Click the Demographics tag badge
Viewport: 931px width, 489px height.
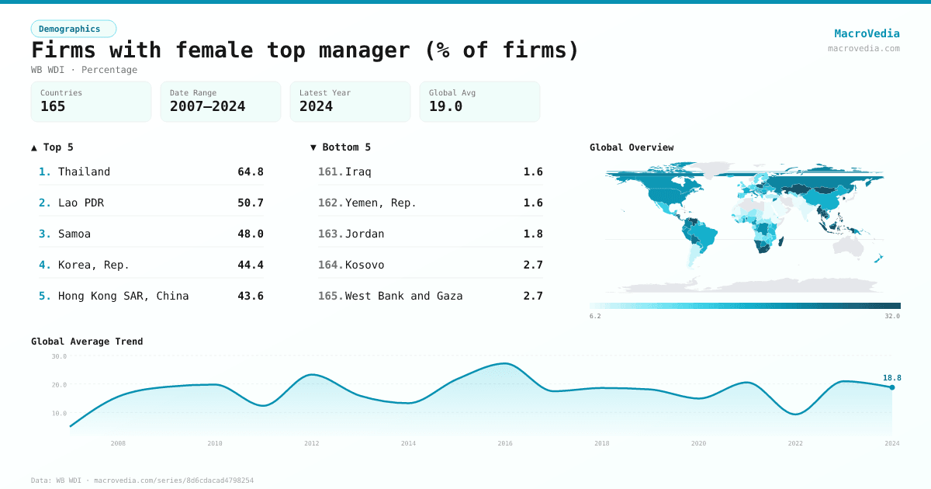pos(73,29)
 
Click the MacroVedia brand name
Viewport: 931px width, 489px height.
pos(867,33)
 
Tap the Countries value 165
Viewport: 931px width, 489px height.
pos(53,106)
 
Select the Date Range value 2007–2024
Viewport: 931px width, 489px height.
pos(207,106)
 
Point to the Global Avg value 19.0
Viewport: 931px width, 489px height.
pos(445,106)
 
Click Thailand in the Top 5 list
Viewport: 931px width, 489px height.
pos(84,172)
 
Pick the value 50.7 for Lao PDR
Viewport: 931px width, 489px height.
pos(250,203)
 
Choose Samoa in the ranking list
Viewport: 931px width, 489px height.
pos(74,234)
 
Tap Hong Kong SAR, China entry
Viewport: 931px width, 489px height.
pos(123,296)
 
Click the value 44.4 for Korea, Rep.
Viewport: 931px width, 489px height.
pos(250,265)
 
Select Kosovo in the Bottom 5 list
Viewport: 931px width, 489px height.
pos(365,265)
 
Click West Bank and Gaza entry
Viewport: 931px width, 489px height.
pos(403,296)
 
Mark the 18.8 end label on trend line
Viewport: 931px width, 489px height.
pos(891,378)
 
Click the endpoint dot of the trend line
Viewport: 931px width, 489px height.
pos(892,387)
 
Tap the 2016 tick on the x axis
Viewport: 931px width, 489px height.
pos(505,443)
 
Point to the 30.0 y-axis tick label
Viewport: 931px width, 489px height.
pos(59,356)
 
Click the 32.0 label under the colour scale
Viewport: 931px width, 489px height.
pos(892,316)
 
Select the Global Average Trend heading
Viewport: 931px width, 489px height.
pos(87,342)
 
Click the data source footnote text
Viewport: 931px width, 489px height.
pos(142,480)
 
